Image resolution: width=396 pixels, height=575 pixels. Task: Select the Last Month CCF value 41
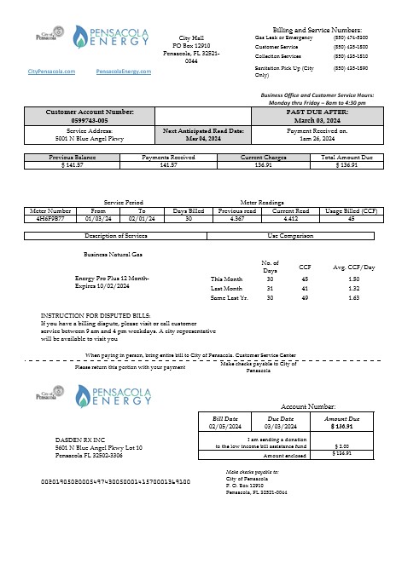click(305, 288)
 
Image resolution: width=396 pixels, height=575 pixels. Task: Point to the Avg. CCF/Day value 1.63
click(353, 297)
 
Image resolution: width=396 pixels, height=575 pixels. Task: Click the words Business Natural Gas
click(113, 254)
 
